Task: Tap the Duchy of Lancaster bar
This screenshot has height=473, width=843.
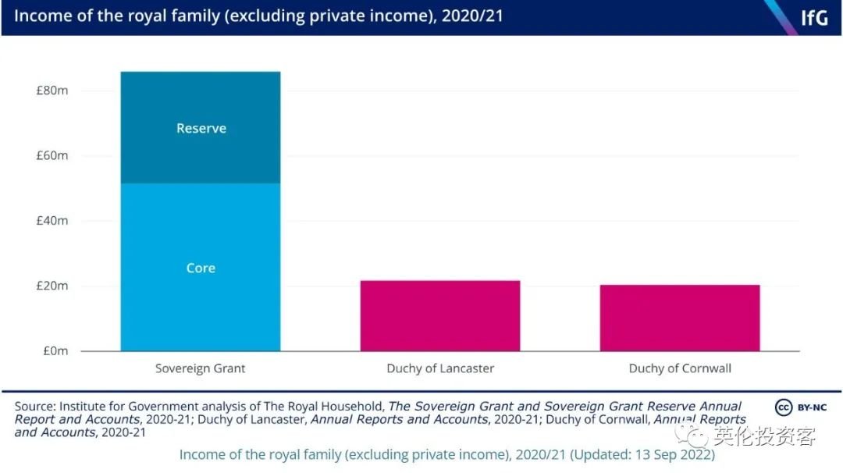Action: pyautogui.click(x=439, y=316)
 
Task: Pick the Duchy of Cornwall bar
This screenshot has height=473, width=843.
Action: pyautogui.click(x=679, y=318)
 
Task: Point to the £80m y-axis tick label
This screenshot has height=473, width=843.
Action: pyautogui.click(x=52, y=91)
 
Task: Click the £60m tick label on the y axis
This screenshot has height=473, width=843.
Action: pyautogui.click(x=52, y=155)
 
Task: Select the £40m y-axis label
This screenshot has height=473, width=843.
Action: pyautogui.click(x=52, y=221)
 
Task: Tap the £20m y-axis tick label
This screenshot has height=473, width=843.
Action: pyautogui.click(x=52, y=286)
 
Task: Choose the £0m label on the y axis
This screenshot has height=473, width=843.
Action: pyautogui.click(x=55, y=351)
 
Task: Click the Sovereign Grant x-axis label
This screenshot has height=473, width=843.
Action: pyautogui.click(x=200, y=368)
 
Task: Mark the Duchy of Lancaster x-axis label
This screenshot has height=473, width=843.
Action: pyautogui.click(x=440, y=368)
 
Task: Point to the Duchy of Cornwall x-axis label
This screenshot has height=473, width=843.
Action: pyautogui.click(x=680, y=368)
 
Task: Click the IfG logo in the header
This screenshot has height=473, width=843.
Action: pyautogui.click(x=813, y=17)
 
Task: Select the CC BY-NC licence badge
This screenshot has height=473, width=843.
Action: pyautogui.click(x=800, y=407)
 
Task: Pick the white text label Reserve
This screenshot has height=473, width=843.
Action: pyautogui.click(x=201, y=128)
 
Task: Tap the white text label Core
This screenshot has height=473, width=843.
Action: pyautogui.click(x=201, y=268)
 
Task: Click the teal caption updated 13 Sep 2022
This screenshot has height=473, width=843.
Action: pyautogui.click(x=446, y=454)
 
